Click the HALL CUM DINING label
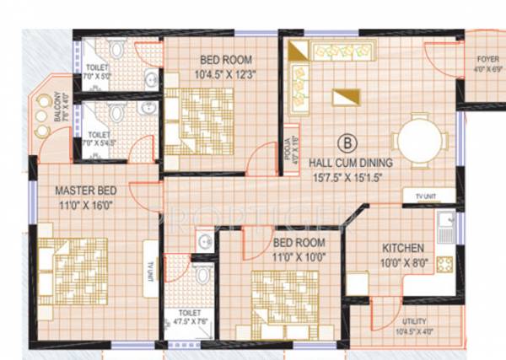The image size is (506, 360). click(347, 160)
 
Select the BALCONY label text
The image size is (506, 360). click(58, 106)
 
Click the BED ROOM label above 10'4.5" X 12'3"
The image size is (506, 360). click(224, 60)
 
